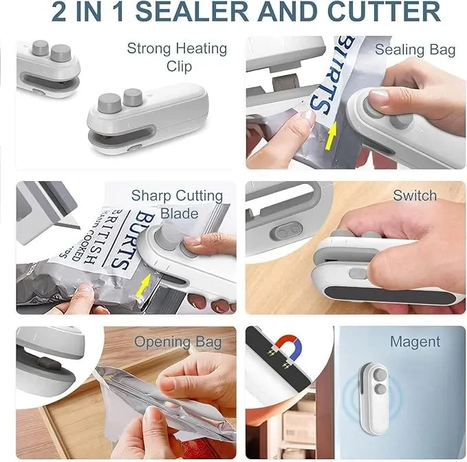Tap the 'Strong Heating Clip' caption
[x=177, y=57]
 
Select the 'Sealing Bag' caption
[x=415, y=50]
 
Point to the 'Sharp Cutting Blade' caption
[x=177, y=204]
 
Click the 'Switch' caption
[x=415, y=196]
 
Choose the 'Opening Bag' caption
[x=177, y=342]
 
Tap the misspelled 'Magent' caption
[x=415, y=342]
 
